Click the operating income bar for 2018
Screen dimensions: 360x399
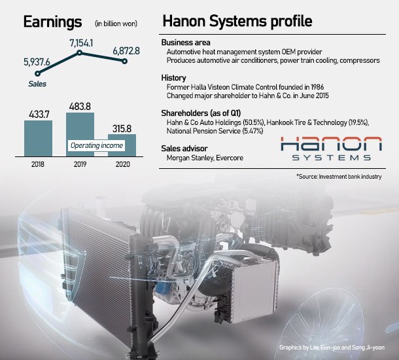[x=39, y=136]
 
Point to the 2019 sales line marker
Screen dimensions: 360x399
[x=80, y=52]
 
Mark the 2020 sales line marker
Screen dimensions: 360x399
[x=124, y=61]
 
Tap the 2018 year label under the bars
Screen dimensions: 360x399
[x=38, y=160]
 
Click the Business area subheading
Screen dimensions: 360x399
[x=186, y=43]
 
